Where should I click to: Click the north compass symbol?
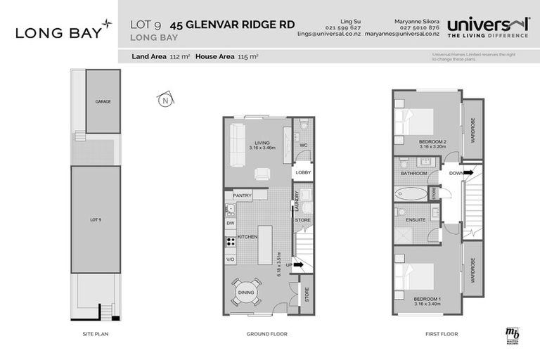pyautogui.click(x=165, y=100)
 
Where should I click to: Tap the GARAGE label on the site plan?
pyautogui.click(x=103, y=101)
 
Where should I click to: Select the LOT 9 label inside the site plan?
pyautogui.click(x=96, y=220)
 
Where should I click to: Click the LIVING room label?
pyautogui.click(x=262, y=141)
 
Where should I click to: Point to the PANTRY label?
pyautogui.click(x=243, y=195)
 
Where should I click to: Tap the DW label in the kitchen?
pyautogui.click(x=230, y=223)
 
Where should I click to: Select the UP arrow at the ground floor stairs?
pyautogui.click(x=298, y=265)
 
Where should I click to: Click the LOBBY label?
pyautogui.click(x=303, y=172)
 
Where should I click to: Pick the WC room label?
pyautogui.click(x=304, y=146)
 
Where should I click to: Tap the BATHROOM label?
pyautogui.click(x=413, y=173)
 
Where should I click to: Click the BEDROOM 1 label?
pyautogui.click(x=427, y=300)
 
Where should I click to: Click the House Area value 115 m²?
pyautogui.click(x=248, y=57)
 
